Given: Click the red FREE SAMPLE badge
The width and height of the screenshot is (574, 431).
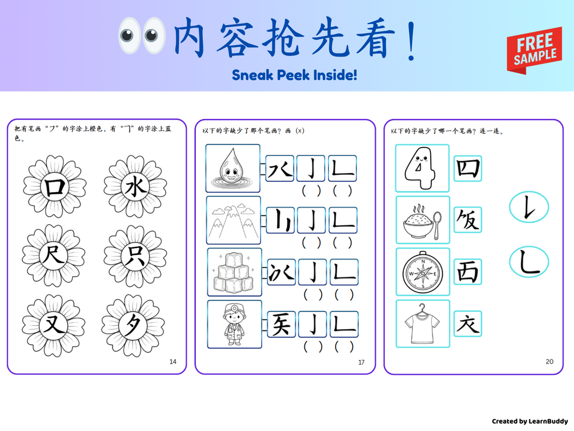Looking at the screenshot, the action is click(534, 50).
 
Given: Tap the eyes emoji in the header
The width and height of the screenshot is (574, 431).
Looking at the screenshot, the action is click(142, 35).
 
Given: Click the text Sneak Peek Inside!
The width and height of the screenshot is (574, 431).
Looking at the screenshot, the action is click(294, 75).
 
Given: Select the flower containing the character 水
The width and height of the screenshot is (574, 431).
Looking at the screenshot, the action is click(135, 186).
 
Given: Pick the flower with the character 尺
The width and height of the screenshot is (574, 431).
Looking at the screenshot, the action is click(54, 256).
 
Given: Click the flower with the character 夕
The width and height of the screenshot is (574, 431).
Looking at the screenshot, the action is click(133, 325).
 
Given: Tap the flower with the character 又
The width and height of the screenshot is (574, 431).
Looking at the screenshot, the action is click(54, 325).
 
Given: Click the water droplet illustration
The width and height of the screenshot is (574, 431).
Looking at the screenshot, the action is click(233, 168).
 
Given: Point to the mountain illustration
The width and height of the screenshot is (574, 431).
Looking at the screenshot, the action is click(234, 220).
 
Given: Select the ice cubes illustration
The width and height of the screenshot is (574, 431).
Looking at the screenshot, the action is click(234, 272).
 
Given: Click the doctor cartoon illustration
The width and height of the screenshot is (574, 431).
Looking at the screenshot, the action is click(234, 324).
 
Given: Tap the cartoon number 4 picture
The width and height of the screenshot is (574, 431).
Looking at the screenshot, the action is click(422, 168).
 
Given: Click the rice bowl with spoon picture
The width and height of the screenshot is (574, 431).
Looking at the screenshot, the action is click(423, 220).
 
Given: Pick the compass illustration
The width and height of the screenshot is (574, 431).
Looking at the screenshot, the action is click(423, 272).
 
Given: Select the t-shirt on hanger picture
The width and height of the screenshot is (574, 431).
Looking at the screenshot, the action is click(423, 324).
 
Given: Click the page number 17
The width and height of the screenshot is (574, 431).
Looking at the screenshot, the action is click(362, 362).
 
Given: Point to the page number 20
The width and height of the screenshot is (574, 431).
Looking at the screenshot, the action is click(549, 362).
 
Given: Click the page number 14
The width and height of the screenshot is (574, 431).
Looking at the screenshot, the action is click(173, 362).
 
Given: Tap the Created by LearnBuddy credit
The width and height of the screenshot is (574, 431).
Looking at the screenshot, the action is click(529, 421).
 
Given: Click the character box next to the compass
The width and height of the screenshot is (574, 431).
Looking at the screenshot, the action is click(468, 272).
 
